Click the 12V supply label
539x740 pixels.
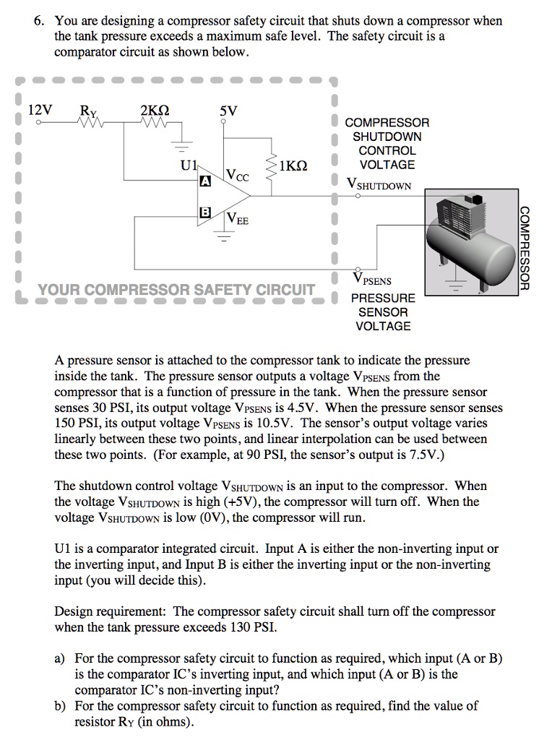coord(40,111)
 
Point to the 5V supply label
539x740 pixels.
coord(228,111)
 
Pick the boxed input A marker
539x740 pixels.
coord(205,184)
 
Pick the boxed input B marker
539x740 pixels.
coord(205,212)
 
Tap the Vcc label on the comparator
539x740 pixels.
coord(237,176)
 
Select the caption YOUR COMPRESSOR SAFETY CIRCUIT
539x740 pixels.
coord(176,291)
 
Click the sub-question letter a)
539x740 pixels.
coord(61,658)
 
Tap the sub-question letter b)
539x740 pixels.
coord(61,706)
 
